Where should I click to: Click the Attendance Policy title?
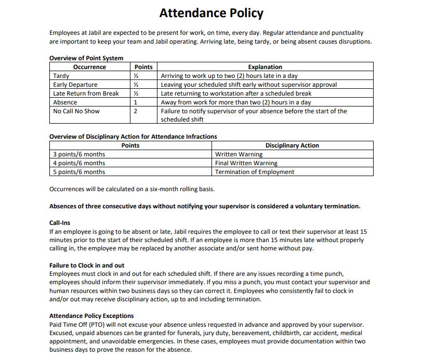click(x=211, y=13)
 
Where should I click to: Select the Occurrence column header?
click(x=89, y=67)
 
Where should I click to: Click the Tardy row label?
click(x=61, y=76)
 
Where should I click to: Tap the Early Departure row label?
click(x=75, y=85)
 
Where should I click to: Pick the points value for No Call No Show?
click(x=136, y=111)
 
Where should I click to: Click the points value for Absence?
click(x=136, y=102)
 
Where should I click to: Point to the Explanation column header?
click(x=265, y=67)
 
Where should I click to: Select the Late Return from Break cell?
click(x=86, y=94)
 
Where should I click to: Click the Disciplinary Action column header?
click(x=292, y=145)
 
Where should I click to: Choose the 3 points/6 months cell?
click(x=79, y=154)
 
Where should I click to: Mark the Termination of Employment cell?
click(x=255, y=172)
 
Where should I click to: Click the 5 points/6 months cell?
click(x=79, y=172)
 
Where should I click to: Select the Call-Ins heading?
click(x=60, y=223)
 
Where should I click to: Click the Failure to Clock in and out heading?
click(x=87, y=265)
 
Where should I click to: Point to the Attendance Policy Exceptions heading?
click(x=91, y=316)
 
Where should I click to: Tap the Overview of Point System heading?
click(x=86, y=58)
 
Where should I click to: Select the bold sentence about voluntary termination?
click(x=205, y=206)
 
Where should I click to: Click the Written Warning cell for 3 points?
click(x=239, y=154)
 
